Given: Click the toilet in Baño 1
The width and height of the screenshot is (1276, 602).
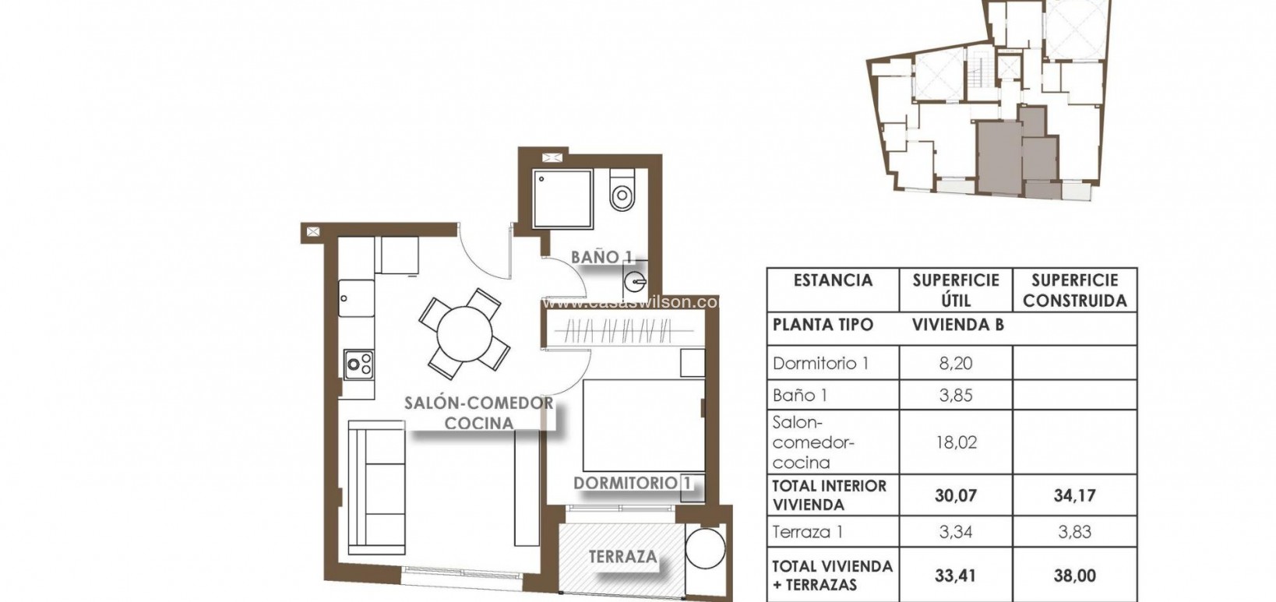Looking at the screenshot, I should [x=622, y=194].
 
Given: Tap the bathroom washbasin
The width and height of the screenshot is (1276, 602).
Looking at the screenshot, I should [x=634, y=277].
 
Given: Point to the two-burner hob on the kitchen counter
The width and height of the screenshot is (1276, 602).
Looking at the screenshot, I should [x=359, y=364].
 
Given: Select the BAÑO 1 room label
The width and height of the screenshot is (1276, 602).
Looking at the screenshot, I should [x=601, y=256].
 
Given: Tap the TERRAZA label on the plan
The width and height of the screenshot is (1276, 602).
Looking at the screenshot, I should [x=622, y=558].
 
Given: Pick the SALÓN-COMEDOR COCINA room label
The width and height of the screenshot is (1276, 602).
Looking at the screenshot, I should [x=478, y=413].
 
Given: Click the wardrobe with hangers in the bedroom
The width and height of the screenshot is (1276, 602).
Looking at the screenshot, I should [x=619, y=333].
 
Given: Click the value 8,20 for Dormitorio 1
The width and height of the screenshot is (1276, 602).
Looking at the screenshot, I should [x=956, y=363].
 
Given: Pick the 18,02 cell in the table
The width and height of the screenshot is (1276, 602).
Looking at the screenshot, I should [x=956, y=442].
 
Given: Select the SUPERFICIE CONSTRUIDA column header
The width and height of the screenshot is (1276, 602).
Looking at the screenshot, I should [x=1074, y=290].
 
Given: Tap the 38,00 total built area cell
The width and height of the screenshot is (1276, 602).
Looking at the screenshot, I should [x=1074, y=576].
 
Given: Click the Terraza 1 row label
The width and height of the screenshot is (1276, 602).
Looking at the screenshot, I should [x=808, y=533].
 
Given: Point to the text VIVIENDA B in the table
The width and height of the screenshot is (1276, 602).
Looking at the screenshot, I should [x=957, y=325].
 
